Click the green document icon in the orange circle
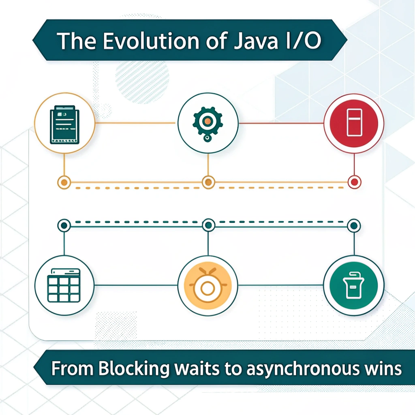pos(64,124)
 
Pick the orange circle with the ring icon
pos(208,285)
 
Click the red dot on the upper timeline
pos(354,182)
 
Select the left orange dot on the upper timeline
pos(64,182)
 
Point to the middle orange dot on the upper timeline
pos(208,182)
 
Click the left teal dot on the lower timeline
pos(64,225)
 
